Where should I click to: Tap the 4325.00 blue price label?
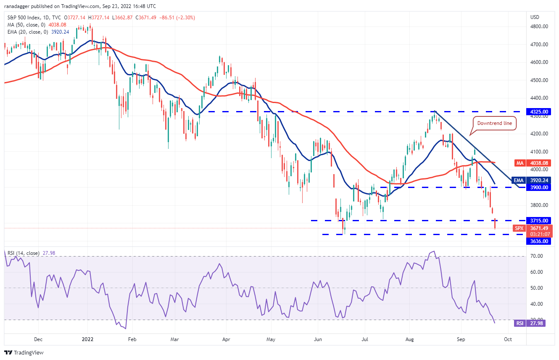[x=538, y=112]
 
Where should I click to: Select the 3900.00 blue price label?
[x=538, y=187]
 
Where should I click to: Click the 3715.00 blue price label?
[x=538, y=220]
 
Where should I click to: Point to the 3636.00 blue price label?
[x=538, y=241]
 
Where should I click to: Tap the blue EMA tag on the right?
[x=519, y=180]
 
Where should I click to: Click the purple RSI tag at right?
[x=519, y=323]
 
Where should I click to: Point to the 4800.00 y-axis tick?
[x=539, y=26]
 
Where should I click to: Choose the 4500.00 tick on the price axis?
[x=539, y=80]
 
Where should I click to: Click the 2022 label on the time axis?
[x=88, y=339]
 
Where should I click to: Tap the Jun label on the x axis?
[x=318, y=339]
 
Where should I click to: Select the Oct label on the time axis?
[x=508, y=339]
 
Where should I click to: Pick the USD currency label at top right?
[x=535, y=17]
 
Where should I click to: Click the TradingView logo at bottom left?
[x=24, y=352]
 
